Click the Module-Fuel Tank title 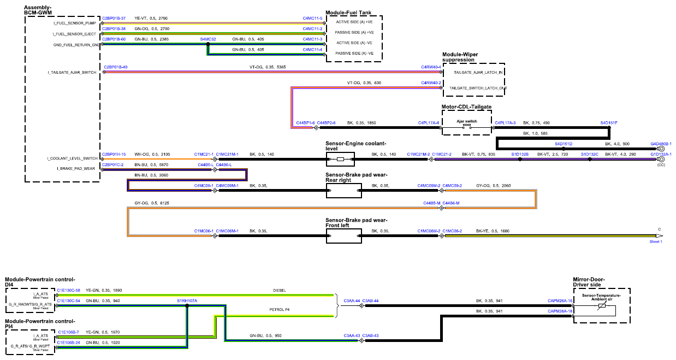pyautogui.click(x=348, y=13)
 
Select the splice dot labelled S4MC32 pyautogui.click(x=208, y=44)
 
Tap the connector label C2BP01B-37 pyautogui.click(x=114, y=19)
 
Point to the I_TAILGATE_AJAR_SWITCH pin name pyautogui.click(x=72, y=73)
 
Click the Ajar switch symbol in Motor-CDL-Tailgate pyautogui.click(x=467, y=126)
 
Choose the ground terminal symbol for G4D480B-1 pyautogui.click(x=661, y=149)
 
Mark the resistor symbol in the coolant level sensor pyautogui.click(x=340, y=159)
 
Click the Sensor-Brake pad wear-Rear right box pyautogui.click(x=344, y=191)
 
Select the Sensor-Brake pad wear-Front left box pyautogui.click(x=344, y=236)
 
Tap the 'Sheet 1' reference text pyautogui.click(x=656, y=241)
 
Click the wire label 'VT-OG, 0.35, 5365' pyautogui.click(x=268, y=67)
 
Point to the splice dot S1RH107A pyautogui.click(x=187, y=305)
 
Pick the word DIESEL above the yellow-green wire pyautogui.click(x=279, y=291)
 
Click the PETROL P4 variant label pyautogui.click(x=280, y=310)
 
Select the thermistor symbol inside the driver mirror pyautogui.click(x=601, y=305)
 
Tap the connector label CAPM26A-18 pyautogui.click(x=560, y=311)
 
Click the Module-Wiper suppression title pyautogui.click(x=460, y=57)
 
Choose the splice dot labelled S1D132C pyautogui.click(x=590, y=159)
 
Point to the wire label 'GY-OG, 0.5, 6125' pyautogui.click(x=152, y=203)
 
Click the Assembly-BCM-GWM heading pyautogui.click(x=38, y=10)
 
